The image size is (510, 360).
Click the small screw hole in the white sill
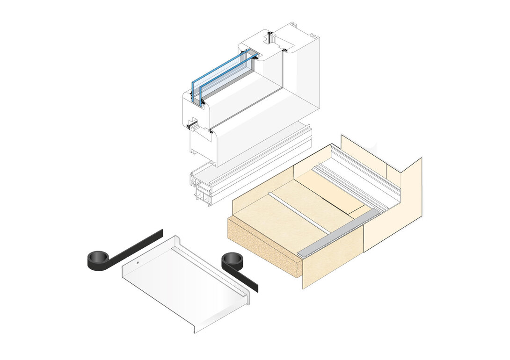138,263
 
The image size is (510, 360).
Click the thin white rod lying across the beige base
299,213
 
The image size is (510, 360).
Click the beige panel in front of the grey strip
332,262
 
